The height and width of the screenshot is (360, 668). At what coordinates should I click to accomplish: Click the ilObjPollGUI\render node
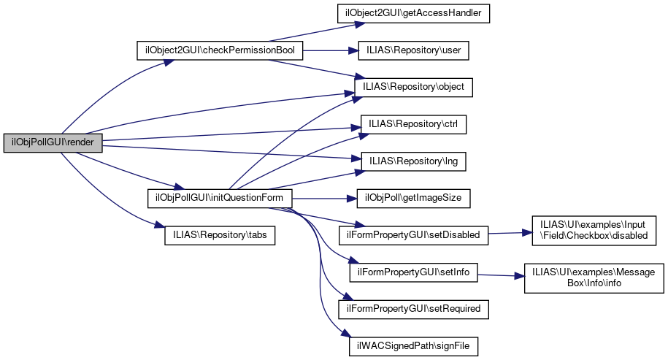[x=53, y=142]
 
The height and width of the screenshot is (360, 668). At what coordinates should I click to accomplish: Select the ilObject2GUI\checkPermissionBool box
[x=220, y=51]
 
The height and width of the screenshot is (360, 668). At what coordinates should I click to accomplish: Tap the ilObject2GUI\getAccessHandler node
[x=412, y=14]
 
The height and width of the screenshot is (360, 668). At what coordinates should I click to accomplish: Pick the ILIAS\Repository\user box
[x=412, y=51]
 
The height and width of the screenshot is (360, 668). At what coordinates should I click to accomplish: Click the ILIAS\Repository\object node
[x=413, y=88]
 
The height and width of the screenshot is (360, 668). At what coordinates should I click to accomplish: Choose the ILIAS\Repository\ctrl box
[x=413, y=124]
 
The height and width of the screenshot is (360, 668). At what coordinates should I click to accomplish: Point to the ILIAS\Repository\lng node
[x=413, y=161]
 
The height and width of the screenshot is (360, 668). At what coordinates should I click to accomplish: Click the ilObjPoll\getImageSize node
[x=413, y=198]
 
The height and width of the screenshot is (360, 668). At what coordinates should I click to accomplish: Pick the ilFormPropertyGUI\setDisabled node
[x=413, y=234]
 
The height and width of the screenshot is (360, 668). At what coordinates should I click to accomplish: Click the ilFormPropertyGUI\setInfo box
[x=413, y=272]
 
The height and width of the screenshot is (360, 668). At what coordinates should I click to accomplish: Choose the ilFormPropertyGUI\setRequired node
[x=413, y=308]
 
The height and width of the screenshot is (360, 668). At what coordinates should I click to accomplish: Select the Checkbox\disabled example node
[x=594, y=229]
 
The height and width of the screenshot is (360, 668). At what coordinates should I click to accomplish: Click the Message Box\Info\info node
[x=594, y=277]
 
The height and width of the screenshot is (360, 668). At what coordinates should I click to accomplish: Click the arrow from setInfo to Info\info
[x=501, y=275]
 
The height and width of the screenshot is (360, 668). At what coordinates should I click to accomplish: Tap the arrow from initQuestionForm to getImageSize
[x=321, y=198]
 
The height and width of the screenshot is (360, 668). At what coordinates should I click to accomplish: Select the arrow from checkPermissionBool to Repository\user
[x=329, y=51]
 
